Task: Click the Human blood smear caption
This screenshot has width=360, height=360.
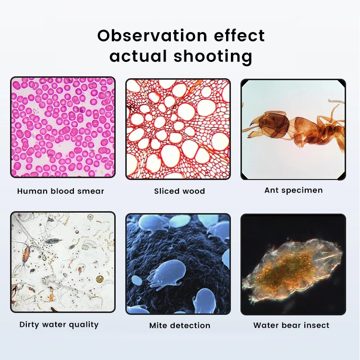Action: tap(60, 191)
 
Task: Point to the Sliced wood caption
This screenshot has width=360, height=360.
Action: tap(180, 191)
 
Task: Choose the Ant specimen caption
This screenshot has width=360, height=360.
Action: tap(293, 190)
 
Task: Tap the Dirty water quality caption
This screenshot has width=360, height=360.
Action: tap(59, 324)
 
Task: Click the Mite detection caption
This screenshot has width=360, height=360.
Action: tap(180, 325)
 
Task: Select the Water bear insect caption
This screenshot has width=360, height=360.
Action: tap(291, 325)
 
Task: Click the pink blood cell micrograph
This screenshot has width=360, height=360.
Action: tap(63, 127)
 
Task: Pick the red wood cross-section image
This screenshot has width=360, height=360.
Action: tap(178, 129)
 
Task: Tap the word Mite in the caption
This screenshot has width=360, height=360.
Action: tap(158, 325)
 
